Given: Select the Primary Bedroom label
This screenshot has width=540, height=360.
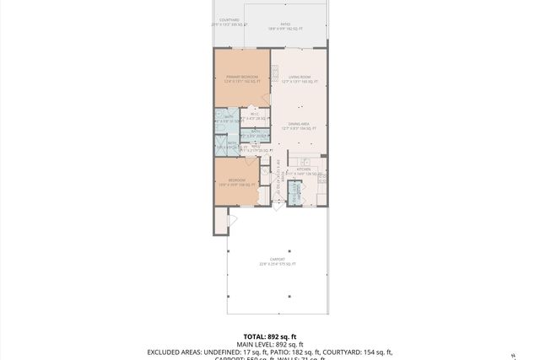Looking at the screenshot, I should point(241,79).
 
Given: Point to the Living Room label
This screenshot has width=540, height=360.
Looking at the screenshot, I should point(300,79).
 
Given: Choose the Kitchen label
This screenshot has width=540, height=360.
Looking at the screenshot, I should point(304,171).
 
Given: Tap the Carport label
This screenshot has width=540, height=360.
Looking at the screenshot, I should point(277,261).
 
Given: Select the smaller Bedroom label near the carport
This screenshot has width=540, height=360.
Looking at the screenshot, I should point(237,181).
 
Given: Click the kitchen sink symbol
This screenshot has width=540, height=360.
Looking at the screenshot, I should point(305,162).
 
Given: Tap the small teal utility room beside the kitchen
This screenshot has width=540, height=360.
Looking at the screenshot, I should point(295,194).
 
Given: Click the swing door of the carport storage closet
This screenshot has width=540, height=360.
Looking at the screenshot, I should point(233,221).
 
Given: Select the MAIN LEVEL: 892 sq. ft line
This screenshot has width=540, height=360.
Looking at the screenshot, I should point(270,345).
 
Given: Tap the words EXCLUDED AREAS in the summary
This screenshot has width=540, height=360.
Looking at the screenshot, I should point(175,352).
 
